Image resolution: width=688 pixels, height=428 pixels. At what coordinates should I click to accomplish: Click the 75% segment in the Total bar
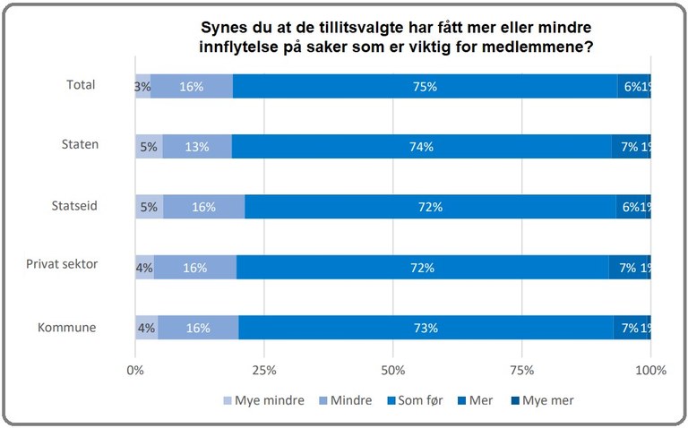click(x=425, y=87)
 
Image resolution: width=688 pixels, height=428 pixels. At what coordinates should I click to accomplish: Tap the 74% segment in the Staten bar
click(x=422, y=147)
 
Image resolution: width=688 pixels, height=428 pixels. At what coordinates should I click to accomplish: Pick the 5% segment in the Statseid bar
click(x=149, y=207)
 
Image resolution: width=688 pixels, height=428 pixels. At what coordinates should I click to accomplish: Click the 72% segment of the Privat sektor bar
click(x=423, y=268)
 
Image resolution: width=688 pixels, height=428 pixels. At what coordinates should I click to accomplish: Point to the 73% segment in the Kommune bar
click(x=426, y=328)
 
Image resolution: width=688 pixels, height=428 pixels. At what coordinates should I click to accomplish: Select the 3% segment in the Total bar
click(x=142, y=87)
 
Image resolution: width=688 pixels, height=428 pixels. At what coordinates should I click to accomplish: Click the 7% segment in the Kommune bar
click(x=629, y=328)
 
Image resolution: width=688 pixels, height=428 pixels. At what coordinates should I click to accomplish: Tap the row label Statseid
click(x=73, y=206)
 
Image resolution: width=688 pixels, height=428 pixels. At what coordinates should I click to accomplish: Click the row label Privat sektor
click(x=61, y=266)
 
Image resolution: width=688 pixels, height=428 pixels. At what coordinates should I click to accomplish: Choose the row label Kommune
click(x=66, y=327)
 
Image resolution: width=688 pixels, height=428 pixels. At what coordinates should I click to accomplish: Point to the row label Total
click(x=81, y=85)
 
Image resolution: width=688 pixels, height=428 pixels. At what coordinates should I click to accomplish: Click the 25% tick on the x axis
click(x=264, y=370)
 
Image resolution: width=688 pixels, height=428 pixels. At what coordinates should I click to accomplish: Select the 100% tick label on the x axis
click(x=650, y=370)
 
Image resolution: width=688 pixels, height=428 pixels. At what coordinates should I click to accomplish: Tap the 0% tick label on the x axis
click(x=135, y=370)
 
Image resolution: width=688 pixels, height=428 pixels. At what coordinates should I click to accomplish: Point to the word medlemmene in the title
click(x=540, y=47)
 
